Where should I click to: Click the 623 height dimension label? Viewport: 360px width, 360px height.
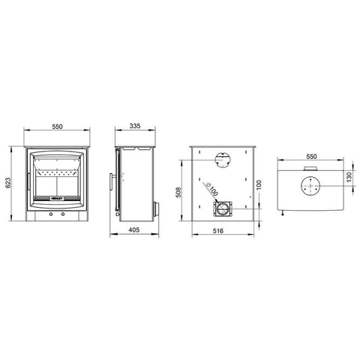(7, 183)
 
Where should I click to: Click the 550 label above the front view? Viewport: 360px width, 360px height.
(57, 127)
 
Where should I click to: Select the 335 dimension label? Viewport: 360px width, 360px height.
(135, 126)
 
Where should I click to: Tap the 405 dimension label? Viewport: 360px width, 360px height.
(134, 229)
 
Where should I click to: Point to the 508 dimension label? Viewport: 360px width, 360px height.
(178, 192)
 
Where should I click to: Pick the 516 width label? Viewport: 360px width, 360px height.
(218, 231)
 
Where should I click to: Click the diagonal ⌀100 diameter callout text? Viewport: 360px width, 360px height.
(211, 190)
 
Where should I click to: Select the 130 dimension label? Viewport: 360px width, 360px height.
(349, 177)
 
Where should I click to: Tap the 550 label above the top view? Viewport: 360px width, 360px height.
(311, 157)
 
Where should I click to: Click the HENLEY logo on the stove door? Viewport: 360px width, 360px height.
(57, 198)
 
